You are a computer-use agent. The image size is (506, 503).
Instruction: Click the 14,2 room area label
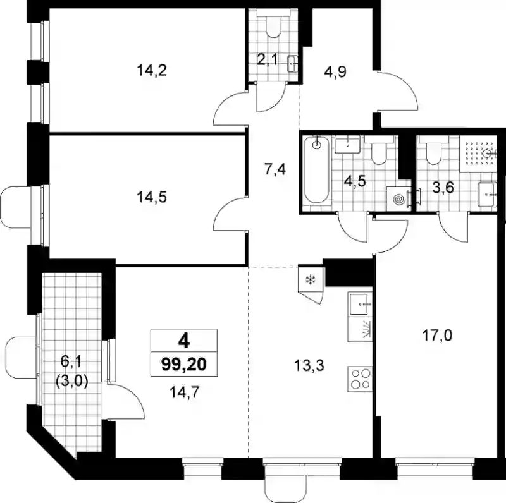[x=152, y=70]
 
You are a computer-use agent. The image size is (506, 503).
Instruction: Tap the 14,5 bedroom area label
[x=152, y=197]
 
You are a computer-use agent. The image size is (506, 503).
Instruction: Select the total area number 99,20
[x=184, y=365]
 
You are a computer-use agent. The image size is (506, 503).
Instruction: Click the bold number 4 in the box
[x=184, y=341]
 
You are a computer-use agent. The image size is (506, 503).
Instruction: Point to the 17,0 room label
[x=437, y=336]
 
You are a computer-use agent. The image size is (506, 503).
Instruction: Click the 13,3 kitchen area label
[x=309, y=366]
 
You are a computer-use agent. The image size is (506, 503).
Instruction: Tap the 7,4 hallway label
[x=275, y=169]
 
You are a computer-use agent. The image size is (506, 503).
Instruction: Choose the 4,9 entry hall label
[x=335, y=71]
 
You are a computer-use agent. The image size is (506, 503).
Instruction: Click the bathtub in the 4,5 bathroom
[x=318, y=170]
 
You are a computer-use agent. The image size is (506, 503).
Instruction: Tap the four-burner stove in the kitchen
[x=361, y=379]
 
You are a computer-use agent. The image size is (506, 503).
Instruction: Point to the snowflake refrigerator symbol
[x=310, y=280]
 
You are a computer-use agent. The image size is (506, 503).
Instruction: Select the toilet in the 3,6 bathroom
[x=433, y=149]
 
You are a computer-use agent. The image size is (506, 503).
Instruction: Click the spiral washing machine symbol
[x=399, y=200]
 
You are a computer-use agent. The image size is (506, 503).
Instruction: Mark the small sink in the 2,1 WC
[x=293, y=64]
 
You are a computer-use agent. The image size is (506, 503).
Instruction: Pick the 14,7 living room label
[x=184, y=392]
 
